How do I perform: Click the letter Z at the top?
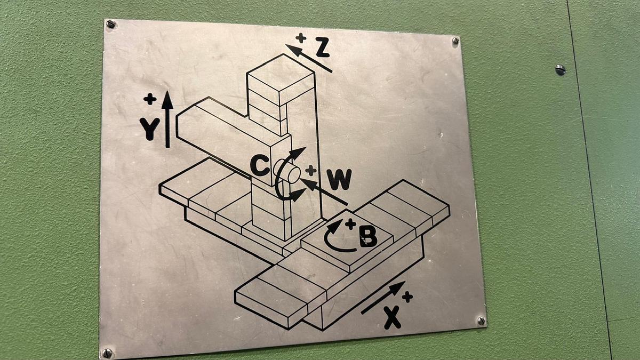point(323,47)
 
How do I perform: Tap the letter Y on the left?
point(149,129)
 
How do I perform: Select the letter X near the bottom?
point(393,318)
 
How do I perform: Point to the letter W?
point(339,179)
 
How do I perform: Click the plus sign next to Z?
point(301,38)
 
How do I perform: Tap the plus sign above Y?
point(150,99)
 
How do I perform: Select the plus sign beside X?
point(407,297)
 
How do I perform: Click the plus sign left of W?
point(310,171)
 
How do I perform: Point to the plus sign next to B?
point(350,225)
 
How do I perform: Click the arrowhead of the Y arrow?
point(167,101)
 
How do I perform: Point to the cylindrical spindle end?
point(286,171)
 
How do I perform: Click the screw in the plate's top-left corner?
point(110,24)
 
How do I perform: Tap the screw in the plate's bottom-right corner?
point(482,321)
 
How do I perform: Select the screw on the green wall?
point(561,70)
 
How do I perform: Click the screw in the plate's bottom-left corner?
point(107,353)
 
